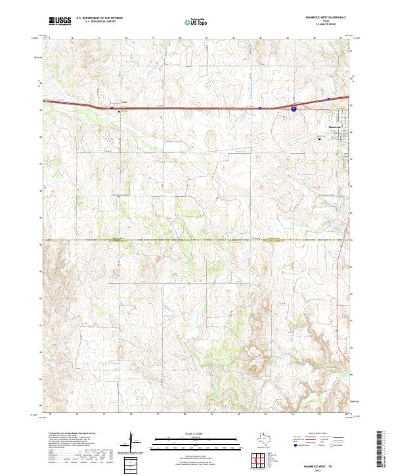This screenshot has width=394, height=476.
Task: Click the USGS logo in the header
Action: [60, 21]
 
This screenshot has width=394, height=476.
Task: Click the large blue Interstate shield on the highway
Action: [293, 110]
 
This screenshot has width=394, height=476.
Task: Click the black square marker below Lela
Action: [119, 111]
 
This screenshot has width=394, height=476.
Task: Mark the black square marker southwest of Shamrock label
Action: [320, 139]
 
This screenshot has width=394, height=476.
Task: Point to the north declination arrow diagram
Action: [136, 443]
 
